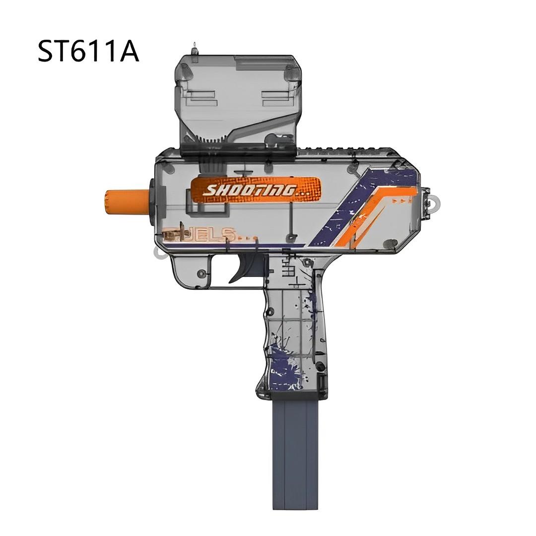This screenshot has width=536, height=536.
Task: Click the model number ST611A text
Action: point(88,52)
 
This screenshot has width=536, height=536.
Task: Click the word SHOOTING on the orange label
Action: point(251,190)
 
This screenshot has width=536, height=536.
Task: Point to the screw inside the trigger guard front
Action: point(201,273)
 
